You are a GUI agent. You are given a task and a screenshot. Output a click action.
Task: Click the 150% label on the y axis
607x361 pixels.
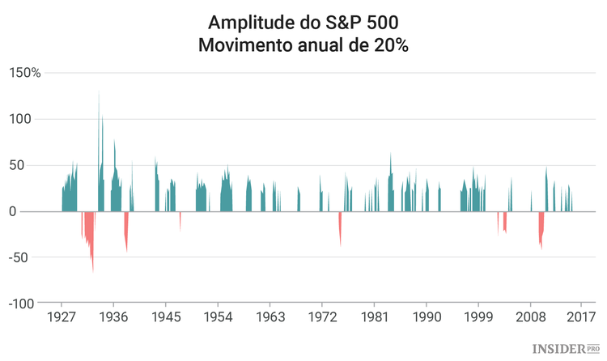[x=24, y=74]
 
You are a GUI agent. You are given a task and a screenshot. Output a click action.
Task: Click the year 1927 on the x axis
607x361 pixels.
[x=62, y=316]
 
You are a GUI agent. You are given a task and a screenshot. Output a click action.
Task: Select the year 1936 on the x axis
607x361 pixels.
[x=113, y=316]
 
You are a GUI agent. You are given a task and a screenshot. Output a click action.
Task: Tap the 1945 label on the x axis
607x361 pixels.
[x=166, y=316]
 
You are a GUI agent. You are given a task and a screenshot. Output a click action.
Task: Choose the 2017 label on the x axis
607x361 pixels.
[x=580, y=316]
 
